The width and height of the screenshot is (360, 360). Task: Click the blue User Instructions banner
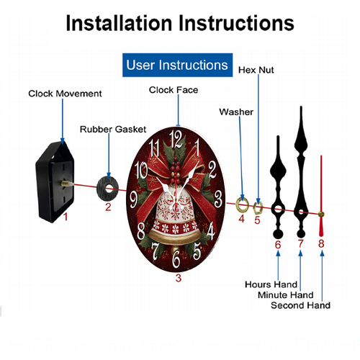[x=177, y=65]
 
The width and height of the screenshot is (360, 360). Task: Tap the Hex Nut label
[x=256, y=70]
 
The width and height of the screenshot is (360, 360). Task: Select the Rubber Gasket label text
[x=113, y=130]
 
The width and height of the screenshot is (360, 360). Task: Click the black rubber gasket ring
[x=107, y=189]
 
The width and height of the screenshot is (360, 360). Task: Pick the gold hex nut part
[x=258, y=208]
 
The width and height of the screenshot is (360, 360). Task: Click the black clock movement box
[x=55, y=182]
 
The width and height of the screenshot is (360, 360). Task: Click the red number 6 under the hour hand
[x=278, y=245]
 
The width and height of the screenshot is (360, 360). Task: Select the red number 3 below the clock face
[x=179, y=278]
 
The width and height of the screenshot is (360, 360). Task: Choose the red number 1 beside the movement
[x=66, y=217]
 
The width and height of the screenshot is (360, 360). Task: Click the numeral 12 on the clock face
[x=176, y=139]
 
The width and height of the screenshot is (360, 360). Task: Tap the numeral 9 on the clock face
[x=134, y=200]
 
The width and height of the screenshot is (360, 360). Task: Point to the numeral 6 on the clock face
[x=176, y=259]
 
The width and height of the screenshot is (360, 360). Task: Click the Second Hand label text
[x=300, y=305]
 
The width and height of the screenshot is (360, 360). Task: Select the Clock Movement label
[x=65, y=94]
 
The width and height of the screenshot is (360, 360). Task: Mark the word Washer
[x=236, y=112]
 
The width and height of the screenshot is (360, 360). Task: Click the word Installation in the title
[x=119, y=23]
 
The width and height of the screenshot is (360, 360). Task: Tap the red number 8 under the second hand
[x=321, y=243]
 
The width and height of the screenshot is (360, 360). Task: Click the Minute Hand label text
[x=286, y=295]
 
